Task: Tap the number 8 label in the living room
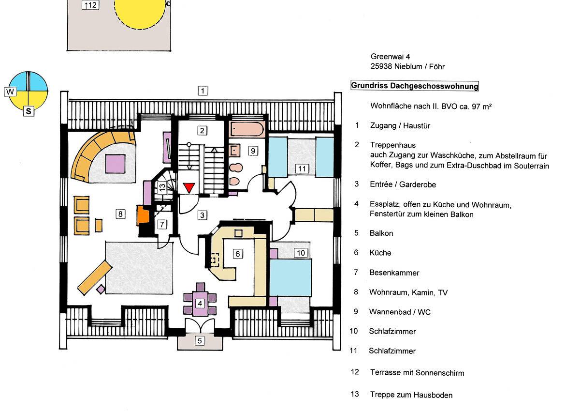pos(121,213)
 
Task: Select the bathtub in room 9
pos(247,130)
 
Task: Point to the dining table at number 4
pos(199,304)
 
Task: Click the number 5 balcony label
pos(199,340)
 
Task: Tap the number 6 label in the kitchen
pos(237,253)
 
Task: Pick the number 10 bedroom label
pos(301,253)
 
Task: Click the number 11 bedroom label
pos(302,168)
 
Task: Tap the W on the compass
pos(10,91)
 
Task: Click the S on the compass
pos(29,111)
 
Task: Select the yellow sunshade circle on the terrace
pos(140,12)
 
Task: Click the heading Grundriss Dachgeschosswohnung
pos(414,86)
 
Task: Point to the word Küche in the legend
pos(380,253)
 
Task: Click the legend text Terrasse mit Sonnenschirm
pos(417,373)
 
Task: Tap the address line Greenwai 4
pos(390,57)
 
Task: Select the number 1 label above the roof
pos(203,90)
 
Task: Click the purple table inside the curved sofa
pos(116,161)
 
